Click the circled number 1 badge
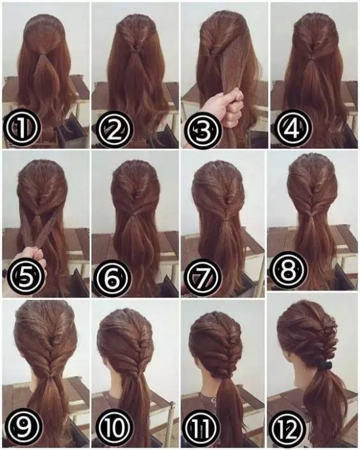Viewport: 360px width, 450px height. click(21, 128)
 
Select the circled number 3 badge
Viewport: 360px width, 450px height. click(203, 130)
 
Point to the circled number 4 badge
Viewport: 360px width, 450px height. click(294, 127)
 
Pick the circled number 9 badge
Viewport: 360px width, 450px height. click(24, 426)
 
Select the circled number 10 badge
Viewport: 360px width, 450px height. click(114, 428)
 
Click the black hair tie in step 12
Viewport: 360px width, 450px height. click(326, 365)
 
